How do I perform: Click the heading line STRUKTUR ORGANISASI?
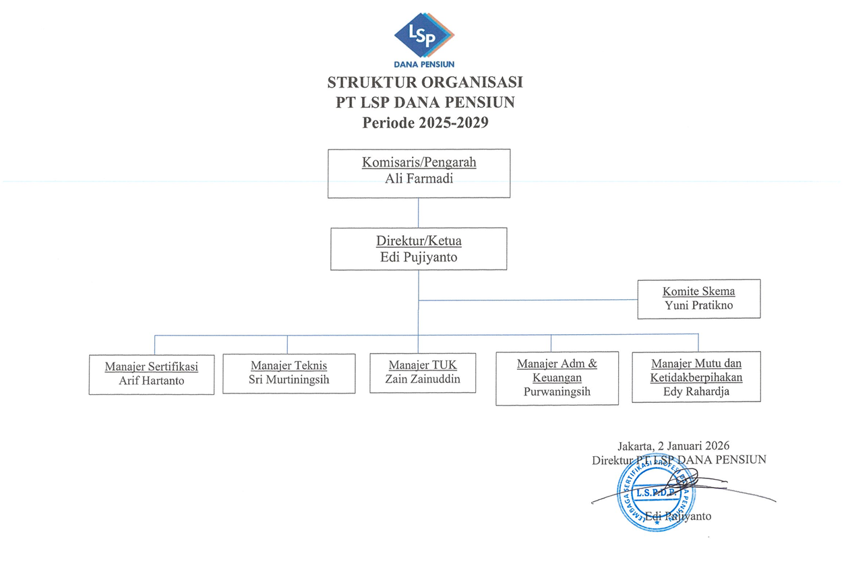(x=425, y=83)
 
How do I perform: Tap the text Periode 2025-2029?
(x=425, y=123)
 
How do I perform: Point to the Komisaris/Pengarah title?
(x=419, y=162)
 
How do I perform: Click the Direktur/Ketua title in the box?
(x=419, y=241)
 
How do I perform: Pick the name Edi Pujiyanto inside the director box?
(x=419, y=257)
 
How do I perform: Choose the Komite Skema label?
(x=698, y=292)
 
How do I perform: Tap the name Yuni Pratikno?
(x=698, y=306)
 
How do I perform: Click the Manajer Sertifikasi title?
(x=151, y=367)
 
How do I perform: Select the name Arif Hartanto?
(x=151, y=381)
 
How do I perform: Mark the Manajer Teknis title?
(x=289, y=366)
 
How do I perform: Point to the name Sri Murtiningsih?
(x=289, y=380)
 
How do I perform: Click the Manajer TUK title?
(x=423, y=365)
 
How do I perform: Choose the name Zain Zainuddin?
(x=423, y=379)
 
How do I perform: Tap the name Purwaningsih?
(x=556, y=391)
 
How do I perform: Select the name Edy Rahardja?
(x=696, y=391)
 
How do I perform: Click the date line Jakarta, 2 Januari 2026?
(x=673, y=446)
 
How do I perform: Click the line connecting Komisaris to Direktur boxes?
(x=419, y=213)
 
